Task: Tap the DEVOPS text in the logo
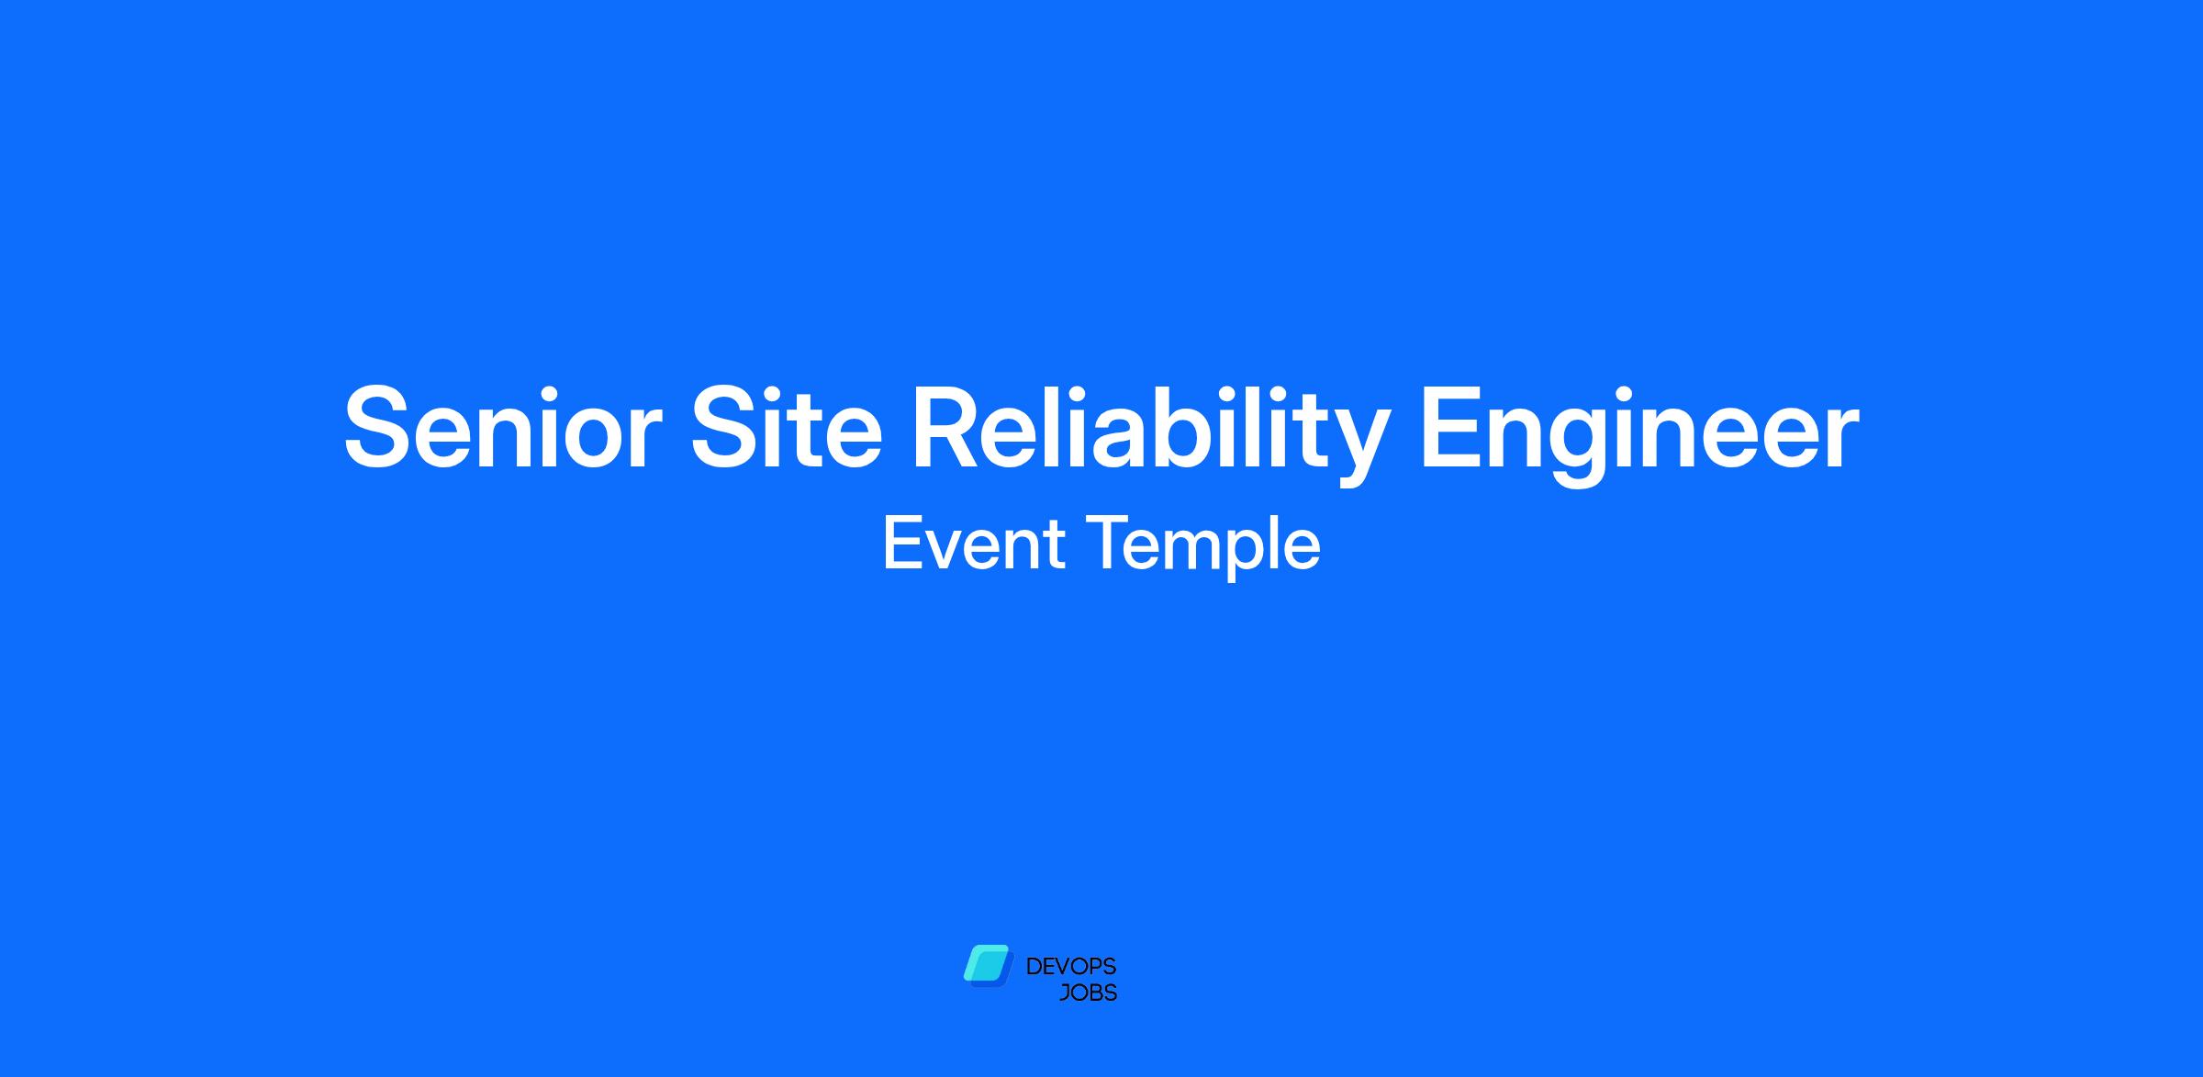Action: coord(1070,966)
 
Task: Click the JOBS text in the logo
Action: coord(1088,993)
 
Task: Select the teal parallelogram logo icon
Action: coord(987,965)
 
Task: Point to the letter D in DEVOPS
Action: coord(1034,967)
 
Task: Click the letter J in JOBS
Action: coord(1065,993)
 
